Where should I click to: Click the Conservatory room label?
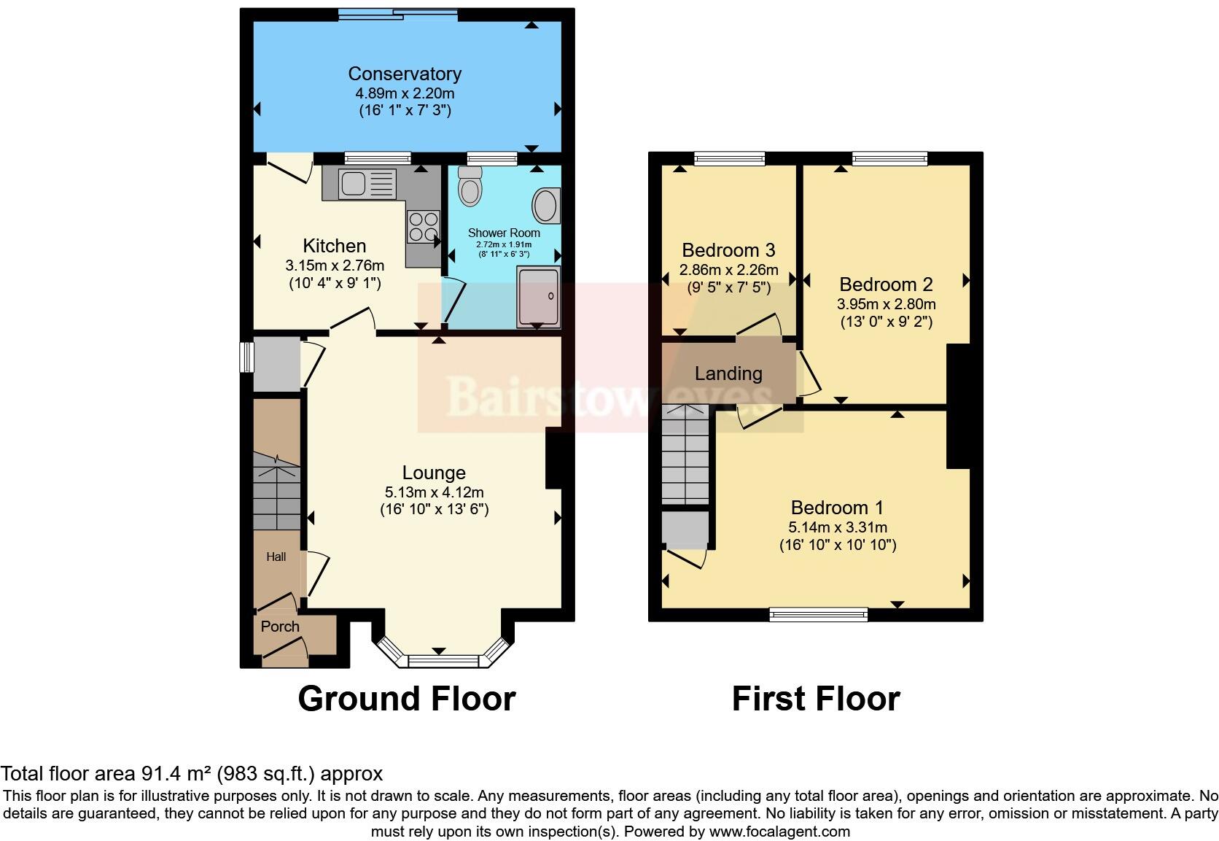(x=405, y=74)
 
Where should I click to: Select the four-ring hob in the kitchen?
(x=424, y=225)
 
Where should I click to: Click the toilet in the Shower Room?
(x=470, y=187)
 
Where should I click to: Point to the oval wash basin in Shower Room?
(x=546, y=206)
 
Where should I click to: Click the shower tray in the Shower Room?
(x=539, y=295)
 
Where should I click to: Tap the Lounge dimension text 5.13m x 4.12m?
(x=434, y=492)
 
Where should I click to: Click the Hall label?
(x=276, y=557)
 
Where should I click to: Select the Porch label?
(x=280, y=627)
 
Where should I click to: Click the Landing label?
(x=728, y=374)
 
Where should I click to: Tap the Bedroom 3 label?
(x=728, y=251)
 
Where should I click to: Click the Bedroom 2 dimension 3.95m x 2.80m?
(x=887, y=304)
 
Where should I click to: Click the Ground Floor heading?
(x=406, y=699)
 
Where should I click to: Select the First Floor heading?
(x=815, y=699)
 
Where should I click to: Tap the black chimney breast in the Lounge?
(x=553, y=458)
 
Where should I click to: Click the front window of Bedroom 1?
(x=819, y=615)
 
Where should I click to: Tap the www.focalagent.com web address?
(x=779, y=832)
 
